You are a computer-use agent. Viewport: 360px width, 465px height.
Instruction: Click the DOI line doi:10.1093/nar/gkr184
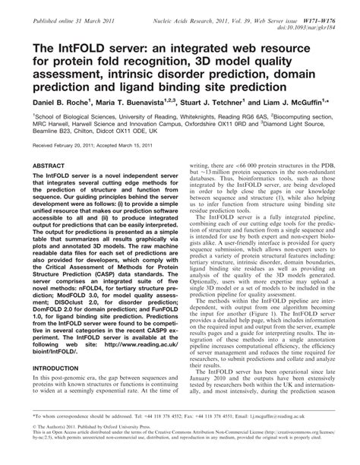coord(313,17)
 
